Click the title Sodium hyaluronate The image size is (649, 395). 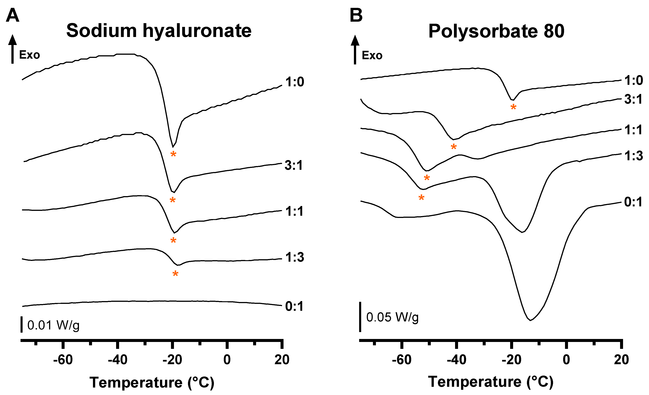(x=159, y=31)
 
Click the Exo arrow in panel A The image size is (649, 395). (x=12, y=49)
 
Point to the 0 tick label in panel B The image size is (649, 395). (x=566, y=360)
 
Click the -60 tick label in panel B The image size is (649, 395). (x=401, y=360)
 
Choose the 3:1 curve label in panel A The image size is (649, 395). (x=293, y=165)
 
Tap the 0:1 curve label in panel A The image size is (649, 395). (x=294, y=306)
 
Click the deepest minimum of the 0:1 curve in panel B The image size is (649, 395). (x=530, y=320)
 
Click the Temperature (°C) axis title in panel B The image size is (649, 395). (x=491, y=382)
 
